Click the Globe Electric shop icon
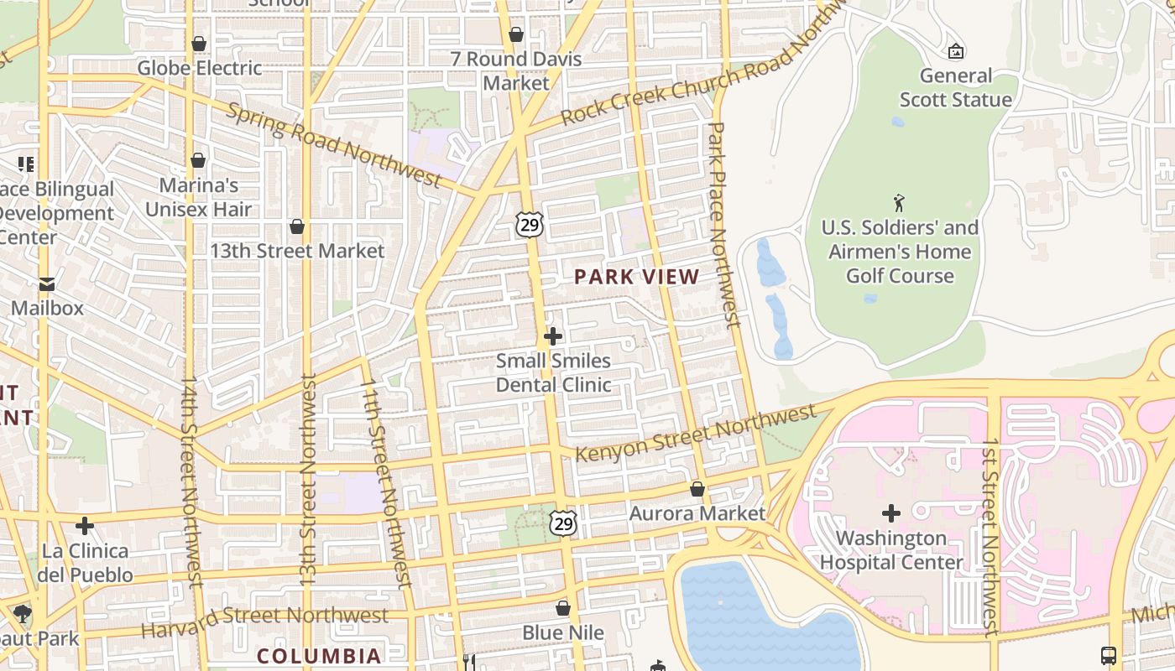click(199, 44)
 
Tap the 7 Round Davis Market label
click(516, 70)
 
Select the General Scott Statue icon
click(955, 52)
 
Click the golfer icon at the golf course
click(900, 203)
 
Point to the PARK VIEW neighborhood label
click(636, 277)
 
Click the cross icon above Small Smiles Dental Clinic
click(553, 336)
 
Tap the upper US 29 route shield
click(530, 224)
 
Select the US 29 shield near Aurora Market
click(563, 523)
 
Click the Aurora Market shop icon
click(697, 489)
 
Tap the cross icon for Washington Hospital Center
click(891, 512)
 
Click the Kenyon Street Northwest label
click(696, 433)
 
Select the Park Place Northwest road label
click(723, 224)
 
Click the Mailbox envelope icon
click(47, 284)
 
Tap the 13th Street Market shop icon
click(297, 226)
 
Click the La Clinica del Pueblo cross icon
click(85, 526)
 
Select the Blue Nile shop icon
click(563, 608)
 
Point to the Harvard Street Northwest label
click(264, 618)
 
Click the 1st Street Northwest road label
click(991, 537)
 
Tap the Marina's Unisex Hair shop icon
click(198, 160)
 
